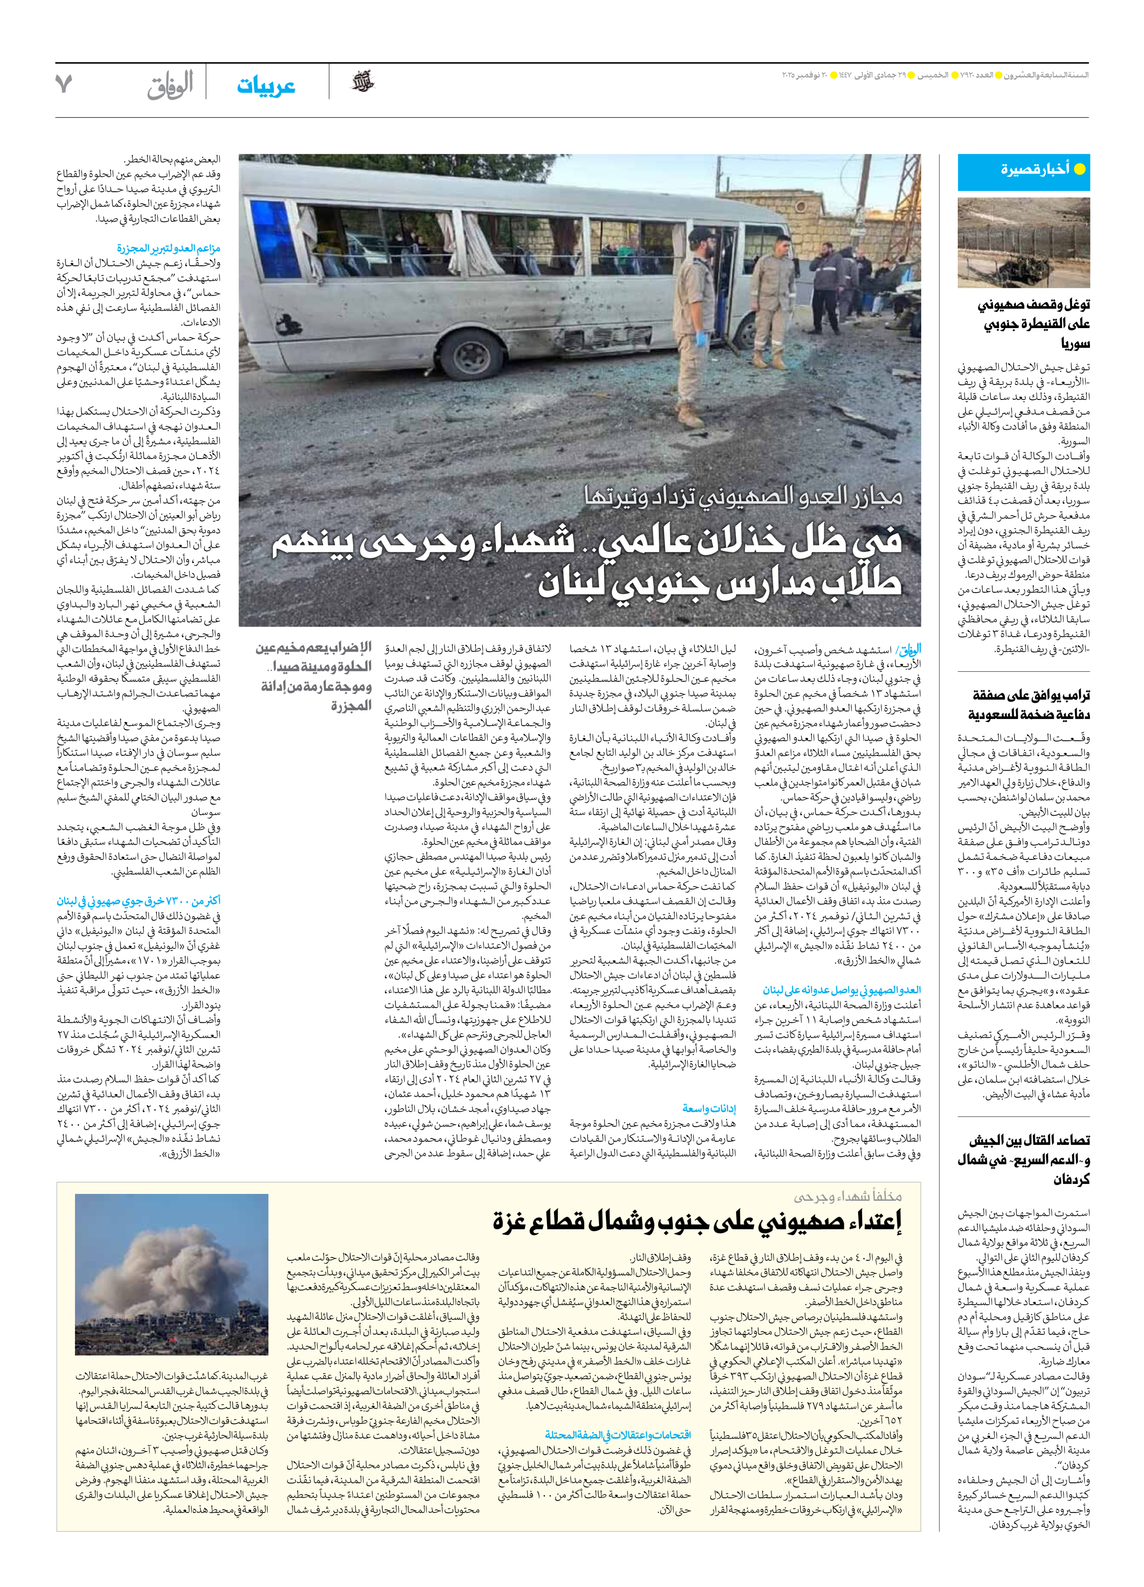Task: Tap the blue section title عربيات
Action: click(x=266, y=86)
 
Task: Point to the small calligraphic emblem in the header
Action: click(x=362, y=82)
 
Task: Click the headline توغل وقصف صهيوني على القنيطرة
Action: click(x=1033, y=323)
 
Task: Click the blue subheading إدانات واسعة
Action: click(x=709, y=1108)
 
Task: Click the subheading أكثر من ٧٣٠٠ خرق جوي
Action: click(x=139, y=901)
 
